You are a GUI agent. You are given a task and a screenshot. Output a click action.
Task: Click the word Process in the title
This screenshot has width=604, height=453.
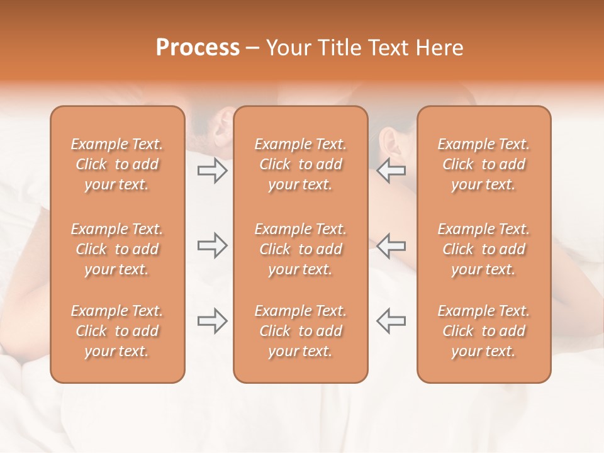coord(198,48)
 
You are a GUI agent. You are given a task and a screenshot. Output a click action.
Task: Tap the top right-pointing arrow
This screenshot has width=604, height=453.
coord(212,171)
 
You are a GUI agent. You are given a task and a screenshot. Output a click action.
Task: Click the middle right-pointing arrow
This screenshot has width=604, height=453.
coord(212,245)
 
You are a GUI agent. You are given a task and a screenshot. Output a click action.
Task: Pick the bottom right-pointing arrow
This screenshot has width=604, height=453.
coord(212,321)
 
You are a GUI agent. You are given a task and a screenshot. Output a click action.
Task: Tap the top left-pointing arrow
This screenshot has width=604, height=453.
coord(391,171)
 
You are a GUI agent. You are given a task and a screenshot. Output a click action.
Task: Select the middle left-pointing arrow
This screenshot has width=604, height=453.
coord(391,245)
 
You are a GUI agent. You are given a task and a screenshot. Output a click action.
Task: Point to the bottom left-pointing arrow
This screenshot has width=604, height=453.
coord(391,321)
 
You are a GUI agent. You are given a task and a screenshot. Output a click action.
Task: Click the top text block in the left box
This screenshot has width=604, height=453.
coord(117,164)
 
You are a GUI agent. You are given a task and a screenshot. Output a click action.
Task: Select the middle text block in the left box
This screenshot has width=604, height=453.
coord(117,249)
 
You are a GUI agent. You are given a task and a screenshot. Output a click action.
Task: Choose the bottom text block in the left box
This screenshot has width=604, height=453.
coord(117,331)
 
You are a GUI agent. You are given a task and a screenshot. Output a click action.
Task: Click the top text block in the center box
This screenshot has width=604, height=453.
coord(300,164)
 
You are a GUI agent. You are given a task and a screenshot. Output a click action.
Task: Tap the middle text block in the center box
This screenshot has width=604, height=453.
coord(300,249)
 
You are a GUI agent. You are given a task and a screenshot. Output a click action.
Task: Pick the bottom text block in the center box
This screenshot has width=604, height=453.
coord(300,331)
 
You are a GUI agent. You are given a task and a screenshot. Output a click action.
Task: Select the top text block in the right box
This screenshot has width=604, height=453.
coord(483,164)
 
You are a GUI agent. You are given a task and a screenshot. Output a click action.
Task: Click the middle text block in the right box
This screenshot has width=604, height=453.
coord(483,249)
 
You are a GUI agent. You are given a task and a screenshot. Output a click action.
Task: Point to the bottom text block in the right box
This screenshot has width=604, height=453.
coord(483,331)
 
